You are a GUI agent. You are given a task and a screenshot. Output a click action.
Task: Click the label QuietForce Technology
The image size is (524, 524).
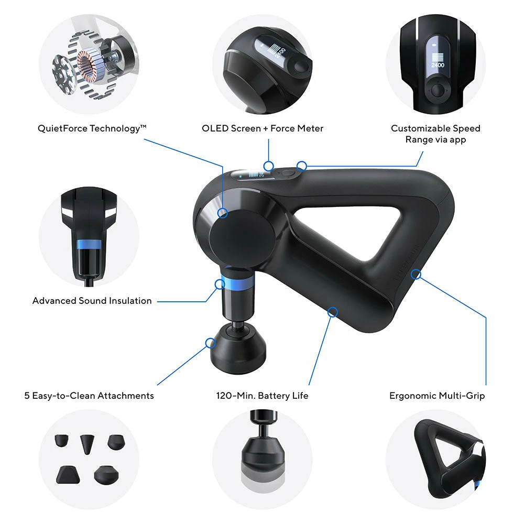(x=89, y=128)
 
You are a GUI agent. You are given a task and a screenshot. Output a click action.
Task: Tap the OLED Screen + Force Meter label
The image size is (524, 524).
(x=263, y=128)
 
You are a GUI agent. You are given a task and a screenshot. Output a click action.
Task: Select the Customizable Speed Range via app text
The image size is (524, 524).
(x=435, y=134)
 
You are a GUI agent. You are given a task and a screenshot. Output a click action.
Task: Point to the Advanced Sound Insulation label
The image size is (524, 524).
(x=92, y=301)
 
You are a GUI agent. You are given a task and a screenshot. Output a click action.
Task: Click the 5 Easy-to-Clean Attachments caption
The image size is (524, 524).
(x=89, y=396)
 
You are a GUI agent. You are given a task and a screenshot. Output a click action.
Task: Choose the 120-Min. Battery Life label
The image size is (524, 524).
(x=262, y=396)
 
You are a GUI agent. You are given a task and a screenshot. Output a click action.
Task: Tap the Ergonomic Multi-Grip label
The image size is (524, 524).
(x=437, y=396)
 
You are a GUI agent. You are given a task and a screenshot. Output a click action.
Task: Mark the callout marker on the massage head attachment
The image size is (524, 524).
(x=210, y=343)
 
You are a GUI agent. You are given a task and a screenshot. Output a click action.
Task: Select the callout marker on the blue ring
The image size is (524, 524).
(x=220, y=285)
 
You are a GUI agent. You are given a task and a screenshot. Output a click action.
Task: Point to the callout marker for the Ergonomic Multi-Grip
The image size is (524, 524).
(x=417, y=274)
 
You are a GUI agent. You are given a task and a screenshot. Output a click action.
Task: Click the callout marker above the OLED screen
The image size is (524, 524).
(x=268, y=166)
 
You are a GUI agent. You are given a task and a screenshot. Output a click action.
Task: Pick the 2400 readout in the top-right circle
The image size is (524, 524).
(x=437, y=65)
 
